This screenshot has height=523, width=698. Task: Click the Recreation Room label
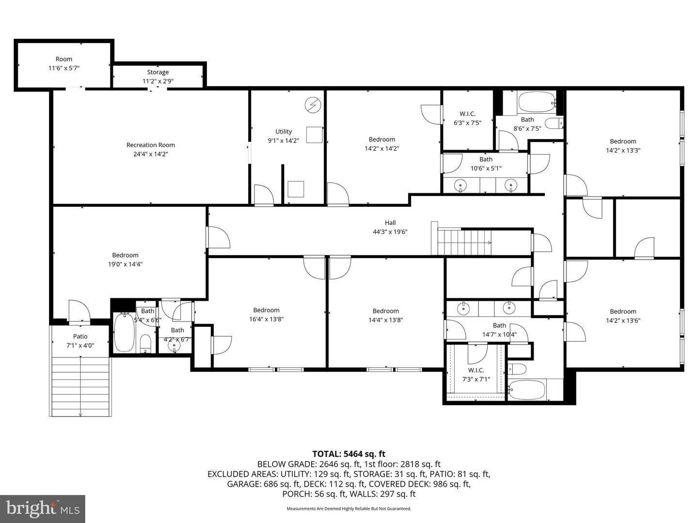click(x=150, y=145)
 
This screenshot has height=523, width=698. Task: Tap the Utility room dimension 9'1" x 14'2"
click(x=284, y=141)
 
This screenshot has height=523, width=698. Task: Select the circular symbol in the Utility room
click(x=313, y=105)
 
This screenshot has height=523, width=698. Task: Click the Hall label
click(x=390, y=223)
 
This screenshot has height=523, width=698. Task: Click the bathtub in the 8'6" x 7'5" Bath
click(x=536, y=102)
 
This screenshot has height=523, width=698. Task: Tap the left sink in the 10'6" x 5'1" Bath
click(x=461, y=185)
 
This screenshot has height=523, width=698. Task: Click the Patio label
click(x=80, y=337)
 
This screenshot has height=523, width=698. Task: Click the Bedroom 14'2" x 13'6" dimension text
click(x=623, y=320)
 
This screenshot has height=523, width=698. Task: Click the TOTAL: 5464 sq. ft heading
click(x=349, y=454)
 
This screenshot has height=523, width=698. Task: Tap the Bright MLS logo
click(x=43, y=508)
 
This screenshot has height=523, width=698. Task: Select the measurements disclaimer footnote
click(x=349, y=508)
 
